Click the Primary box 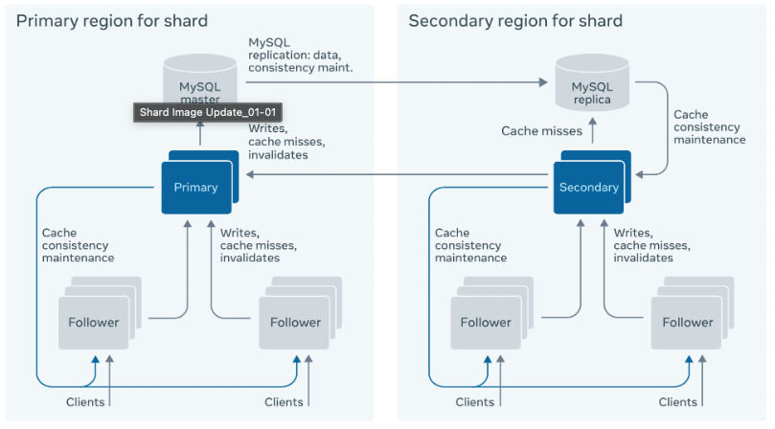click(195, 187)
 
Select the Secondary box click(588, 187)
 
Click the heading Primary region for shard click(112, 21)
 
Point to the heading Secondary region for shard click(515, 21)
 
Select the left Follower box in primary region click(94, 322)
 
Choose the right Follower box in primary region click(295, 322)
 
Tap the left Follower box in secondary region click(486, 322)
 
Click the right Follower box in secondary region click(687, 322)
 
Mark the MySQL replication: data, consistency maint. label click(300, 55)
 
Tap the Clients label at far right click(676, 402)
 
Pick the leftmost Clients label click(85, 402)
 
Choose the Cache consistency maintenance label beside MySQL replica click(709, 126)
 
